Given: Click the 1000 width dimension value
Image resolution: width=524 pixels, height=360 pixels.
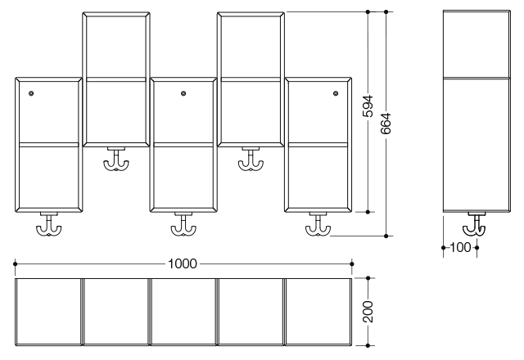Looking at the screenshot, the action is (x=183, y=263).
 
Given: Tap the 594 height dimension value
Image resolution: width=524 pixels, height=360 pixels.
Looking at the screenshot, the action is (x=368, y=106).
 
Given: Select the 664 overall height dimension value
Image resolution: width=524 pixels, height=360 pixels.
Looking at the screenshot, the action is (x=386, y=124).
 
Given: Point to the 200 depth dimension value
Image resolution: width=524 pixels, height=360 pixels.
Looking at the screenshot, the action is (x=368, y=311).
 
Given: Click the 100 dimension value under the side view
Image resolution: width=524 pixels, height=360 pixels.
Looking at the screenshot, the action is (x=460, y=247).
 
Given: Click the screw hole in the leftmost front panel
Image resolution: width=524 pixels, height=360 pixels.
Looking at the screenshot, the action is (x=31, y=93).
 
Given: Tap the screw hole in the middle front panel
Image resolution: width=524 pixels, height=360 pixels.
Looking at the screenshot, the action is (x=183, y=93).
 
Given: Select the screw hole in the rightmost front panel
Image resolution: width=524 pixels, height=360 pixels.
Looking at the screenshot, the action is (x=336, y=93).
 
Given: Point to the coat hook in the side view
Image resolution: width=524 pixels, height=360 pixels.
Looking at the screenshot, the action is (x=475, y=225).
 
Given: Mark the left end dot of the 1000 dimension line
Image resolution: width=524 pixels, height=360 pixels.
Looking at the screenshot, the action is (x=15, y=263).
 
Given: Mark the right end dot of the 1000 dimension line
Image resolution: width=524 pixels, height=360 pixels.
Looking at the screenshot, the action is (x=351, y=263).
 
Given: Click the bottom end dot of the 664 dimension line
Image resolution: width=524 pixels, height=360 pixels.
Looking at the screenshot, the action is (x=386, y=236).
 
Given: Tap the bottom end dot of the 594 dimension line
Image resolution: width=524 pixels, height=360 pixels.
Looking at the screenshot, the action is (x=368, y=212).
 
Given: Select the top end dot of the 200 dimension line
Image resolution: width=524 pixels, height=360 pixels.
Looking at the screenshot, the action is (x=368, y=278).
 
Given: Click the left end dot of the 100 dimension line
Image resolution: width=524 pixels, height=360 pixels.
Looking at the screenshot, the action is (x=444, y=247).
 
